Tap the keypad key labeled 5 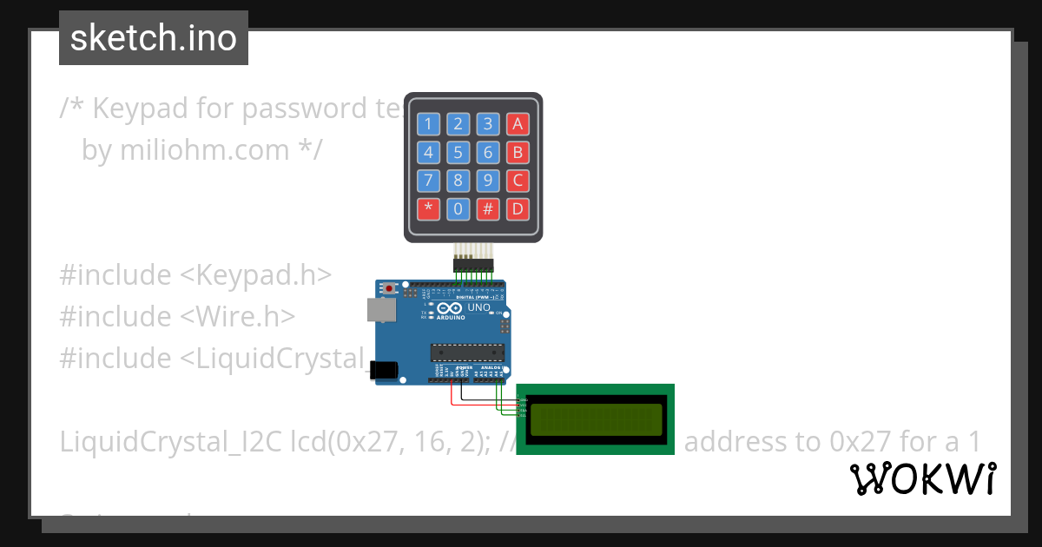[x=458, y=154]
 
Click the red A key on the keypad [x=518, y=124]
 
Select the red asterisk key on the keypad [x=428, y=209]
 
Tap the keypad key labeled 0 [x=458, y=209]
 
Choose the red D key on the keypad [x=518, y=209]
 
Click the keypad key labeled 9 [x=489, y=181]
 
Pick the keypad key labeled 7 [x=428, y=181]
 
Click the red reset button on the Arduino [x=390, y=287]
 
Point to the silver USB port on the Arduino [x=379, y=310]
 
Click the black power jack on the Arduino [x=384, y=370]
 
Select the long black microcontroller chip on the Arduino [x=467, y=352]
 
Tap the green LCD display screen [x=596, y=419]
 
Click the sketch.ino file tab [x=154, y=38]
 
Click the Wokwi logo [x=922, y=479]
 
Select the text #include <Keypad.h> [x=195, y=274]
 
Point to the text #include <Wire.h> [x=177, y=316]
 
